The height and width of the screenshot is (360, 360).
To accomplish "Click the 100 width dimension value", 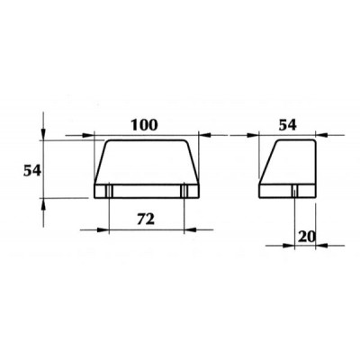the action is [x=144, y=125].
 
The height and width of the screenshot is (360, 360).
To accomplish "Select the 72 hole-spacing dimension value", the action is [x=146, y=220].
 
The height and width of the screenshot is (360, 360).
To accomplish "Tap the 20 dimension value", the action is [x=307, y=237].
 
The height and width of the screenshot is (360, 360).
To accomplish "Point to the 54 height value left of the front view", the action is [x=32, y=171].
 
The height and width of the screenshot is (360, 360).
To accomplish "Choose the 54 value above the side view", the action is [x=288, y=125].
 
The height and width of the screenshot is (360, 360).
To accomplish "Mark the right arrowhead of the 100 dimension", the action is [x=205, y=135].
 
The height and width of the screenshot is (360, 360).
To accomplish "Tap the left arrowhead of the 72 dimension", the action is [x=102, y=229].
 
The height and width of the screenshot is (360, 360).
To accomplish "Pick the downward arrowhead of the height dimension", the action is [x=43, y=133].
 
